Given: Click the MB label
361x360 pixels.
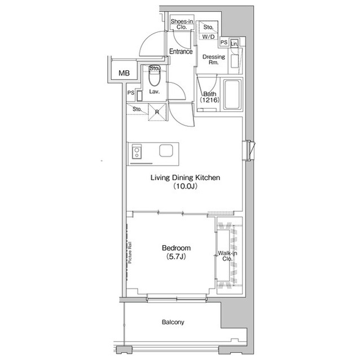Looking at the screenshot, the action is click(124, 73).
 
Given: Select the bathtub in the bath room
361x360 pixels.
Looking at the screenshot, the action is click(232, 95).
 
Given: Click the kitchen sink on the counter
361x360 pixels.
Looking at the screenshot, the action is click(166, 150).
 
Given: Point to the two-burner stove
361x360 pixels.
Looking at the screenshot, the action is click(137, 152).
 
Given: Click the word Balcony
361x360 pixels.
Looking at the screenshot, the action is click(173, 322).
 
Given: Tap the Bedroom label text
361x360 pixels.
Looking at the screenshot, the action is click(177, 248).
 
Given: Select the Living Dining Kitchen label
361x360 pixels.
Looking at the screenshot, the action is click(186, 177).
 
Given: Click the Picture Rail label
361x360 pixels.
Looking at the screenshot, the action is click(130, 252).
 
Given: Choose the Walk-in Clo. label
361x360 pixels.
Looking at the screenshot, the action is click(227, 256).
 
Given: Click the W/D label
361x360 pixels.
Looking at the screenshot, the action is click(208, 37).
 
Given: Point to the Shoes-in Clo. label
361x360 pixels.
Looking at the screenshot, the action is click(182, 24).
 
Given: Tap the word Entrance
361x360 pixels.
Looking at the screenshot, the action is click(181, 51).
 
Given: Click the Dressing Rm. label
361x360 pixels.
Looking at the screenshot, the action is click(214, 59).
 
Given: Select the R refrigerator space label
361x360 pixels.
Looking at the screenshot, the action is click(157, 112).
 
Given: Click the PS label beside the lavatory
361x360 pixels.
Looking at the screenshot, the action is click(131, 93).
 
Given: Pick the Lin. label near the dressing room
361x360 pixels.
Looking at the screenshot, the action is click(234, 43).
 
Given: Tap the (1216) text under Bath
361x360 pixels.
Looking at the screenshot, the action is click(209, 100).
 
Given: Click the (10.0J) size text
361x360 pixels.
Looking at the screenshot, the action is click(186, 186).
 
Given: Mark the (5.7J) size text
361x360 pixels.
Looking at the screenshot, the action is click(176, 256).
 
